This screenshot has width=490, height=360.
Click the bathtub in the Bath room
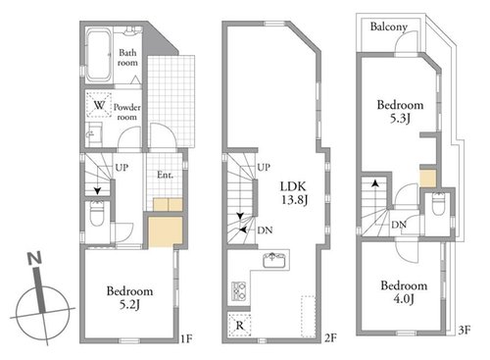99,55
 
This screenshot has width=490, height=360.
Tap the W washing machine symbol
99,105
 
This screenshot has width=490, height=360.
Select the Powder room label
127,112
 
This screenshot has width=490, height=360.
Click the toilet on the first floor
97,214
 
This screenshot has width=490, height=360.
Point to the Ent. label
165,175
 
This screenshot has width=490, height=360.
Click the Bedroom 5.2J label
129,297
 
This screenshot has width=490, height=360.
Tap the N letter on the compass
34,258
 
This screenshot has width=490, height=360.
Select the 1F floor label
186,338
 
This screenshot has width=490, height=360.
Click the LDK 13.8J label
294,193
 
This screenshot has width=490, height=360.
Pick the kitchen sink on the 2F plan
274,260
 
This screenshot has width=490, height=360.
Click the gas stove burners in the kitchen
238,290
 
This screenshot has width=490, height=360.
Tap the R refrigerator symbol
240,325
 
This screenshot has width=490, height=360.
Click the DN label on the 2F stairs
265,231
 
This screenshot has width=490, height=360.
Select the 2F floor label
330,337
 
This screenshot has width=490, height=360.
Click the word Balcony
389,26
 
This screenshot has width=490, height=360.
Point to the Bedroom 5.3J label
400,111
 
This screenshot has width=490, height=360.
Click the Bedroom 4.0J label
404,292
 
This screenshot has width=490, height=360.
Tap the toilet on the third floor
438,204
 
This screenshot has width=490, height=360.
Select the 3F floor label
465,330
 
